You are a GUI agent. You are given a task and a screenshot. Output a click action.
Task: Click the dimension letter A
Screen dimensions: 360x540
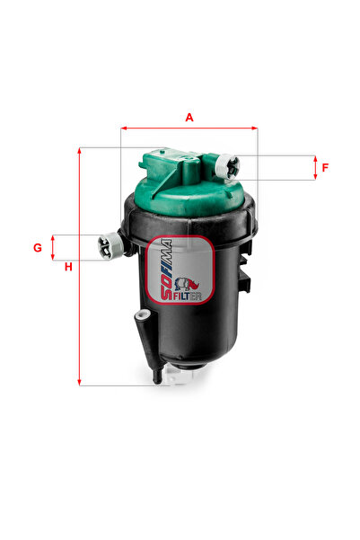pos(189,118)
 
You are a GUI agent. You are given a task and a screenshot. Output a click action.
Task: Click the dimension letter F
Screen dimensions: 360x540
pos(325,168)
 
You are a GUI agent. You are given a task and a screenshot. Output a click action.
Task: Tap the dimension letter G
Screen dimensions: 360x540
pos(38,248)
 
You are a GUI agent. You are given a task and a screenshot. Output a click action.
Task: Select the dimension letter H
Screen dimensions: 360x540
pos(68,267)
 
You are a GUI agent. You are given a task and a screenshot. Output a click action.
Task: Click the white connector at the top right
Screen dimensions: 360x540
pos(227,166)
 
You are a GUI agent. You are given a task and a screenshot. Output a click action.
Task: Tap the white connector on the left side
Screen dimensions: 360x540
pos(110,246)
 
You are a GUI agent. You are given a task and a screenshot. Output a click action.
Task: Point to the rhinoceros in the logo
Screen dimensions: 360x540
pos(187,283)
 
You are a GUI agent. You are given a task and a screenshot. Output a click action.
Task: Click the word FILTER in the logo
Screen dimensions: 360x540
pos(187,297)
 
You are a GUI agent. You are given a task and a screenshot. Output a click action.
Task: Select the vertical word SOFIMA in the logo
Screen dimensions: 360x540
pos(166,270)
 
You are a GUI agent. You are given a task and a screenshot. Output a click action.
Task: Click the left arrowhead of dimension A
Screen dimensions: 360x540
pos(124,128)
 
